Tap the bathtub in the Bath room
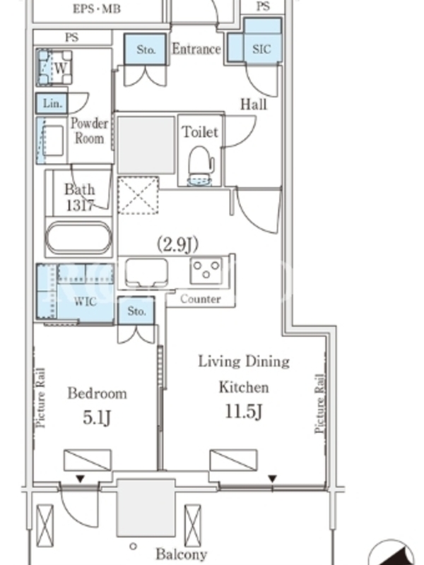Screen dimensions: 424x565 click(79, 237)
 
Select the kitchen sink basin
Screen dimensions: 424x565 click(146, 273)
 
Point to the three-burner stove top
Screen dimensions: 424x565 click(206, 270)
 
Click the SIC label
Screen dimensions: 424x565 click(261, 49)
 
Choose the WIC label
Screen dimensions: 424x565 click(85, 302)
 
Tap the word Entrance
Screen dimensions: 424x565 click(196, 49)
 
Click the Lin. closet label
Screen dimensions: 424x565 click(52, 103)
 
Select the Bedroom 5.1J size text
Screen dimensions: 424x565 click(97, 418)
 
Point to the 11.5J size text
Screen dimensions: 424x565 click(243, 411)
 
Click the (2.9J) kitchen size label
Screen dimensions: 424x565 click(178, 244)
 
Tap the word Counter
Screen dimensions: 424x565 click(201, 299)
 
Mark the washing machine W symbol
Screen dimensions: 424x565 click(54, 67)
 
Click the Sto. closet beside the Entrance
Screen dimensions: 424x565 click(146, 49)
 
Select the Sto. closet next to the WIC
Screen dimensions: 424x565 click(136, 311)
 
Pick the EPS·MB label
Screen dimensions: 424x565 click(96, 8)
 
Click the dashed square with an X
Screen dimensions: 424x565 click(139, 196)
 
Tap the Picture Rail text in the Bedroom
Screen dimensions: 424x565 click(41, 398)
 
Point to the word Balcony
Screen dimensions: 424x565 click(182, 554)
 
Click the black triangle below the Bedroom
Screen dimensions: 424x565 click(80, 479)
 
